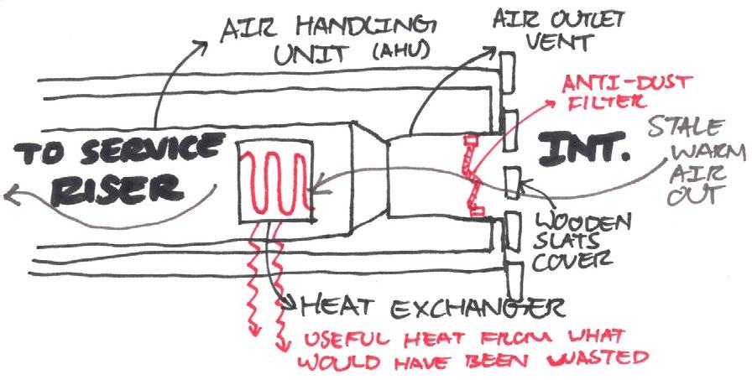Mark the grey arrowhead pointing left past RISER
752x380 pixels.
(x=11, y=198)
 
